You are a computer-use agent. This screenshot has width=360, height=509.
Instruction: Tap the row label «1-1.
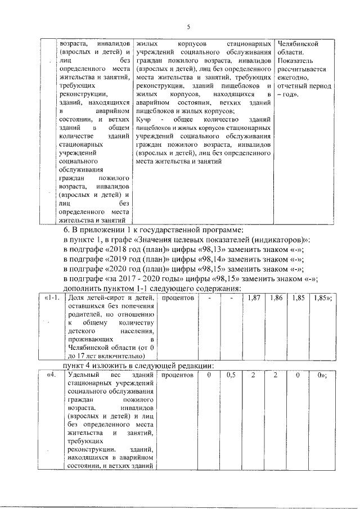pyautogui.click(x=52, y=297)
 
